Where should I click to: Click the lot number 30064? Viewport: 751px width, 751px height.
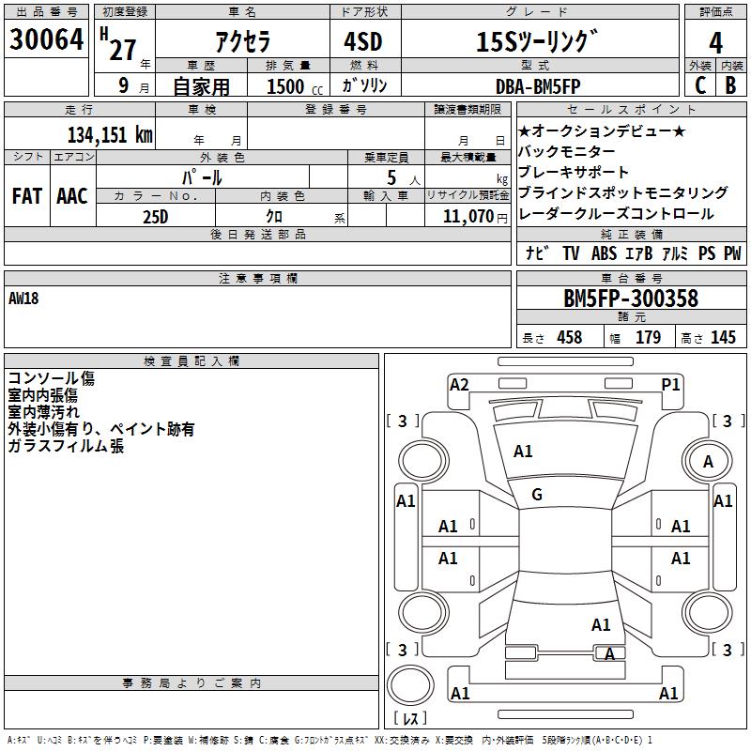46,39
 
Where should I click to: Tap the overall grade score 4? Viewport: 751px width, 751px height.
715,43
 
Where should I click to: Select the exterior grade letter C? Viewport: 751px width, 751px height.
700,85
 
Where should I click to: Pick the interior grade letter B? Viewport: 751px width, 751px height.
731,85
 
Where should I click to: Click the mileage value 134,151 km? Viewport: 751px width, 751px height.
110,135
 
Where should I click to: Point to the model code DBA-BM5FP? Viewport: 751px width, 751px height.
538,86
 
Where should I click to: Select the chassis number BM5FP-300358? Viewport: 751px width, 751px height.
631,298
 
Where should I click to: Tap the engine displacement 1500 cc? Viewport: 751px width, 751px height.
295,86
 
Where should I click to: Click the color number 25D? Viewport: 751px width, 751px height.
156,217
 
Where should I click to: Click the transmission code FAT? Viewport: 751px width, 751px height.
27,196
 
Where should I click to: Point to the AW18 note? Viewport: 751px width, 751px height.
23,299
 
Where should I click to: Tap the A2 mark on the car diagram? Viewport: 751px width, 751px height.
459,385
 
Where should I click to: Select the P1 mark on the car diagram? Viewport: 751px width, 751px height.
670,385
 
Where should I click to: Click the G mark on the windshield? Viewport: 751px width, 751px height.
537,495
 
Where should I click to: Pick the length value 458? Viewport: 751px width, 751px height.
570,337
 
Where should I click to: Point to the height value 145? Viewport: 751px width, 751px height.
723,337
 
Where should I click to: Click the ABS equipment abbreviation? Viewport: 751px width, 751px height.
604,253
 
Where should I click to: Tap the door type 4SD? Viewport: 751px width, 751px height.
363,41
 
